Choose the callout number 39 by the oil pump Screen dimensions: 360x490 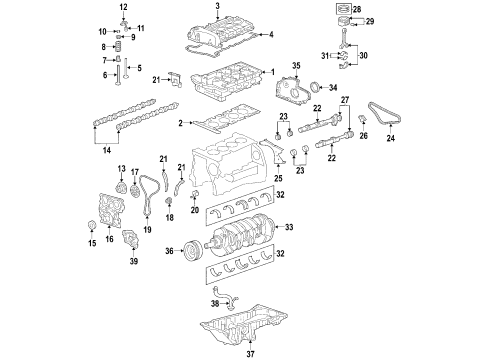(131, 291)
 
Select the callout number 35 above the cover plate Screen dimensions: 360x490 (295, 66)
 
